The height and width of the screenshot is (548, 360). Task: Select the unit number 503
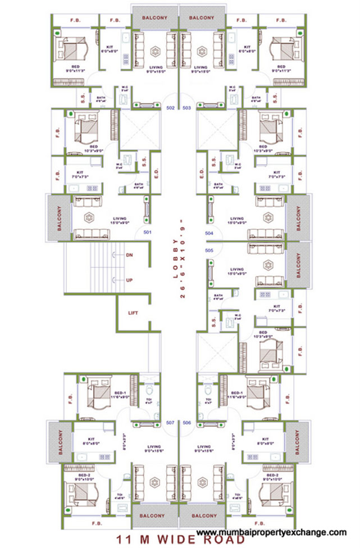[x=187, y=107]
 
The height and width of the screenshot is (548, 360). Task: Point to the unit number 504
[x=209, y=232]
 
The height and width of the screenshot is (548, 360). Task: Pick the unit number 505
[x=209, y=250]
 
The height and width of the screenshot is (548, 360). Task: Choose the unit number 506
[x=187, y=422]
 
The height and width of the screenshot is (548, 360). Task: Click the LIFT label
[x=133, y=313]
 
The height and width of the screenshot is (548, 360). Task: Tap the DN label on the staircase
[x=129, y=255]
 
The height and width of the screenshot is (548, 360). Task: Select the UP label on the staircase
[x=129, y=279]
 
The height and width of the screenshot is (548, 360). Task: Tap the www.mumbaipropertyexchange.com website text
[x=271, y=531]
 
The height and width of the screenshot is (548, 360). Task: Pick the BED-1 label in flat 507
[x=120, y=393]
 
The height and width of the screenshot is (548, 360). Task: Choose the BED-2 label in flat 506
[x=274, y=475]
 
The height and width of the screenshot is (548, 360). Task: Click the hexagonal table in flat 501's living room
[x=88, y=217]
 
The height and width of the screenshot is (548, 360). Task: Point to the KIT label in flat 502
[x=111, y=47]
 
